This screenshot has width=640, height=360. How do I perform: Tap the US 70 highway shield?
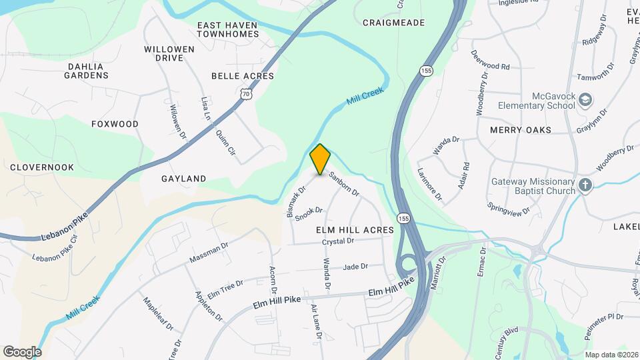[x=247, y=96]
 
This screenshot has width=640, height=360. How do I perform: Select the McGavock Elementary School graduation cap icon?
[x=585, y=101]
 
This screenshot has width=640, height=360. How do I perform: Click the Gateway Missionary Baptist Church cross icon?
[x=585, y=185]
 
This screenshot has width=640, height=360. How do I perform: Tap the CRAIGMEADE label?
[x=393, y=23]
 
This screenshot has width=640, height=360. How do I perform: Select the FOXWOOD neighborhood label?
[x=115, y=124]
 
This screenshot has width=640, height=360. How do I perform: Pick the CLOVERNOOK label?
[x=37, y=167]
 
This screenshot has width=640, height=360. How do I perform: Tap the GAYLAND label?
[x=183, y=179]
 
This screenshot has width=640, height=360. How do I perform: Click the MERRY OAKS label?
[x=521, y=130]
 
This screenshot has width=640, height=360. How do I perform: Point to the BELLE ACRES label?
[x=243, y=76]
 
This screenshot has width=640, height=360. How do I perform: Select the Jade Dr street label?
[x=355, y=267]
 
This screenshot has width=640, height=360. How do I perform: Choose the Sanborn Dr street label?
[x=344, y=184]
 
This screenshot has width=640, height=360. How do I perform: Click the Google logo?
[x=22, y=351]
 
